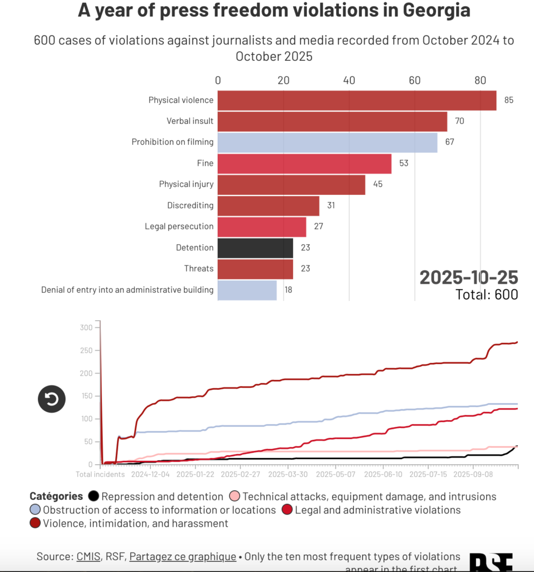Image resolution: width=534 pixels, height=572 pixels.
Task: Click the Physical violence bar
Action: tap(357, 101)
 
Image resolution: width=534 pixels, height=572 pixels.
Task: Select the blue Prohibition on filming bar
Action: tap(327, 142)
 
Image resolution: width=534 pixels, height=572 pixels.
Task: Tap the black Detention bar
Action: tap(255, 248)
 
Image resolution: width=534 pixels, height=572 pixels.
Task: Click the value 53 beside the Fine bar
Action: tap(404, 163)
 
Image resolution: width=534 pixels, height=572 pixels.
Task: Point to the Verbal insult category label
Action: tap(190, 121)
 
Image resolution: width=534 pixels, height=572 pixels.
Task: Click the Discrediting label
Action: tap(190, 206)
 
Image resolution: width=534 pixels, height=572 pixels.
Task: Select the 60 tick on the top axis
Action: tap(415, 80)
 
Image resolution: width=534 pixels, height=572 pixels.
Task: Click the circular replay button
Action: tap(51, 399)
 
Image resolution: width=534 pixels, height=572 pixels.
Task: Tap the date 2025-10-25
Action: tap(469, 277)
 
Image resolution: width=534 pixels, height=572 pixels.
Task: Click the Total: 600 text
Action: tap(486, 294)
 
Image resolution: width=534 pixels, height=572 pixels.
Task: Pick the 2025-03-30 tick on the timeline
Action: tap(288, 475)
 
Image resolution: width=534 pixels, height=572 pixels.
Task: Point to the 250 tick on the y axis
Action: tap(86, 350)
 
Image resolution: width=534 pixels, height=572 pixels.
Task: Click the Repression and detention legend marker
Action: tap(94, 497)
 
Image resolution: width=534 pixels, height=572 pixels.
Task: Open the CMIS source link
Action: tap(89, 557)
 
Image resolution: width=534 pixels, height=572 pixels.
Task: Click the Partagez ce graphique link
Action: tap(182, 557)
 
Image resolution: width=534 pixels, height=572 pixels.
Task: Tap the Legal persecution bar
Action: tap(262, 227)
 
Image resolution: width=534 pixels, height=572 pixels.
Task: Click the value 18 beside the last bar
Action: tap(288, 290)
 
